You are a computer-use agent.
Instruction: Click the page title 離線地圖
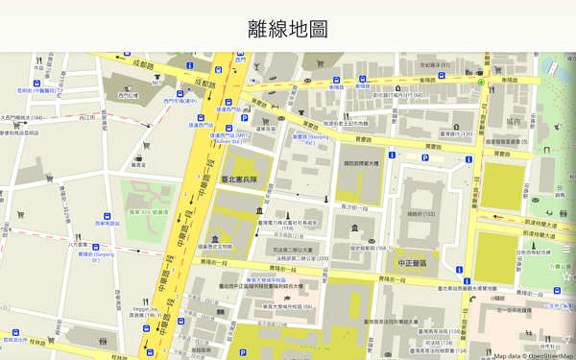(287, 29)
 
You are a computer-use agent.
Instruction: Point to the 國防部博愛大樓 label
(363, 163)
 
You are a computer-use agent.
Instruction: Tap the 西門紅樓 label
(128, 95)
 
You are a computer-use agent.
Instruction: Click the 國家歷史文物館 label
(215, 246)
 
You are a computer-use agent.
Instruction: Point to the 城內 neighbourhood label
(515, 122)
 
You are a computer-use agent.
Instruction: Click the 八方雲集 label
(78, 245)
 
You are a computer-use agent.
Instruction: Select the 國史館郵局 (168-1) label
(372, 248)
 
